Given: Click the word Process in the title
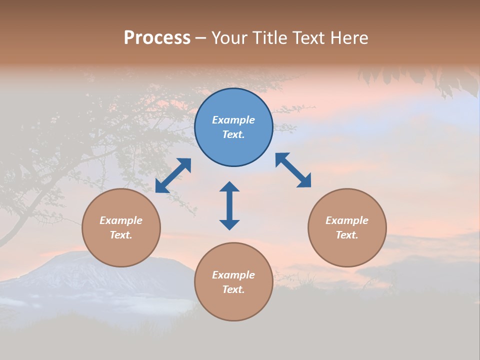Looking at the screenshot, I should click(157, 38).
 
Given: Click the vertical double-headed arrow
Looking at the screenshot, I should click(229, 205).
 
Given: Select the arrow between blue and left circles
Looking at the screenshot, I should click(173, 175).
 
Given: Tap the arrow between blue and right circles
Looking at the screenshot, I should click(293, 170).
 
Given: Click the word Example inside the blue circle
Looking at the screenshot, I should click(233, 120).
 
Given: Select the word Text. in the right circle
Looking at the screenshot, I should click(347, 235).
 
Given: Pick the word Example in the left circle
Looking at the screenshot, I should click(121, 220).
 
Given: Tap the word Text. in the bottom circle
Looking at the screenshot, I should click(233, 289).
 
